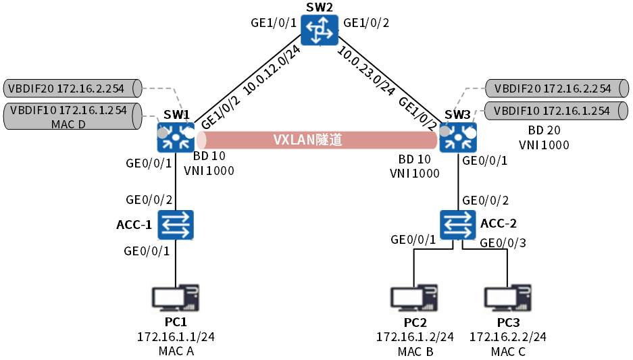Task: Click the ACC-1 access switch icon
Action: click(176, 225)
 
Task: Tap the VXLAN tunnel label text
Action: click(307, 140)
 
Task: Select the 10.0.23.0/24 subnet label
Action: click(368, 70)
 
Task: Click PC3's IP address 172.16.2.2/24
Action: click(507, 337)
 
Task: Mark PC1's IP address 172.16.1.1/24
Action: click(176, 337)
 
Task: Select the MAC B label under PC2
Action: click(415, 351)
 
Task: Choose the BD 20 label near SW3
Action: click(544, 130)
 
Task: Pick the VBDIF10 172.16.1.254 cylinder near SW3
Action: click(551, 110)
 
